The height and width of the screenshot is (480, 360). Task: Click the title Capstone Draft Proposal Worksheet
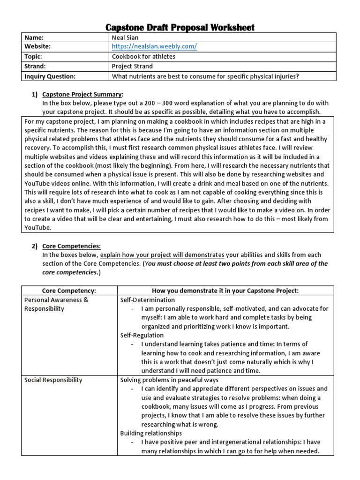click(x=180, y=28)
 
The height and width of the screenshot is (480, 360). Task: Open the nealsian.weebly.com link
click(x=154, y=46)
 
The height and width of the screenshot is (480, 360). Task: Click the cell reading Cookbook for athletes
click(x=143, y=56)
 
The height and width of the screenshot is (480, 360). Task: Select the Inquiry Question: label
click(x=49, y=76)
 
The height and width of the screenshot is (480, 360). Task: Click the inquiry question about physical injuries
click(x=205, y=76)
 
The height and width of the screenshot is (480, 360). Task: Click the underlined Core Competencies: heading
click(x=71, y=246)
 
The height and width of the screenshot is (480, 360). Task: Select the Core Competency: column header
click(x=69, y=291)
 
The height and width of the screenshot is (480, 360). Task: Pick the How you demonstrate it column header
click(x=225, y=291)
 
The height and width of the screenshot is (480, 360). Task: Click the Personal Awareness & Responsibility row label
click(x=56, y=304)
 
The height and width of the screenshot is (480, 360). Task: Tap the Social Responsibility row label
click(x=53, y=380)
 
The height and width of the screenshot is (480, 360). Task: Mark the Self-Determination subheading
click(x=148, y=300)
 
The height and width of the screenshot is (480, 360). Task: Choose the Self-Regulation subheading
click(x=142, y=335)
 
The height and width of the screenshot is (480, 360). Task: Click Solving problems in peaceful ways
click(x=169, y=380)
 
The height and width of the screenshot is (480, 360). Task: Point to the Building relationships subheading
click(x=151, y=433)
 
